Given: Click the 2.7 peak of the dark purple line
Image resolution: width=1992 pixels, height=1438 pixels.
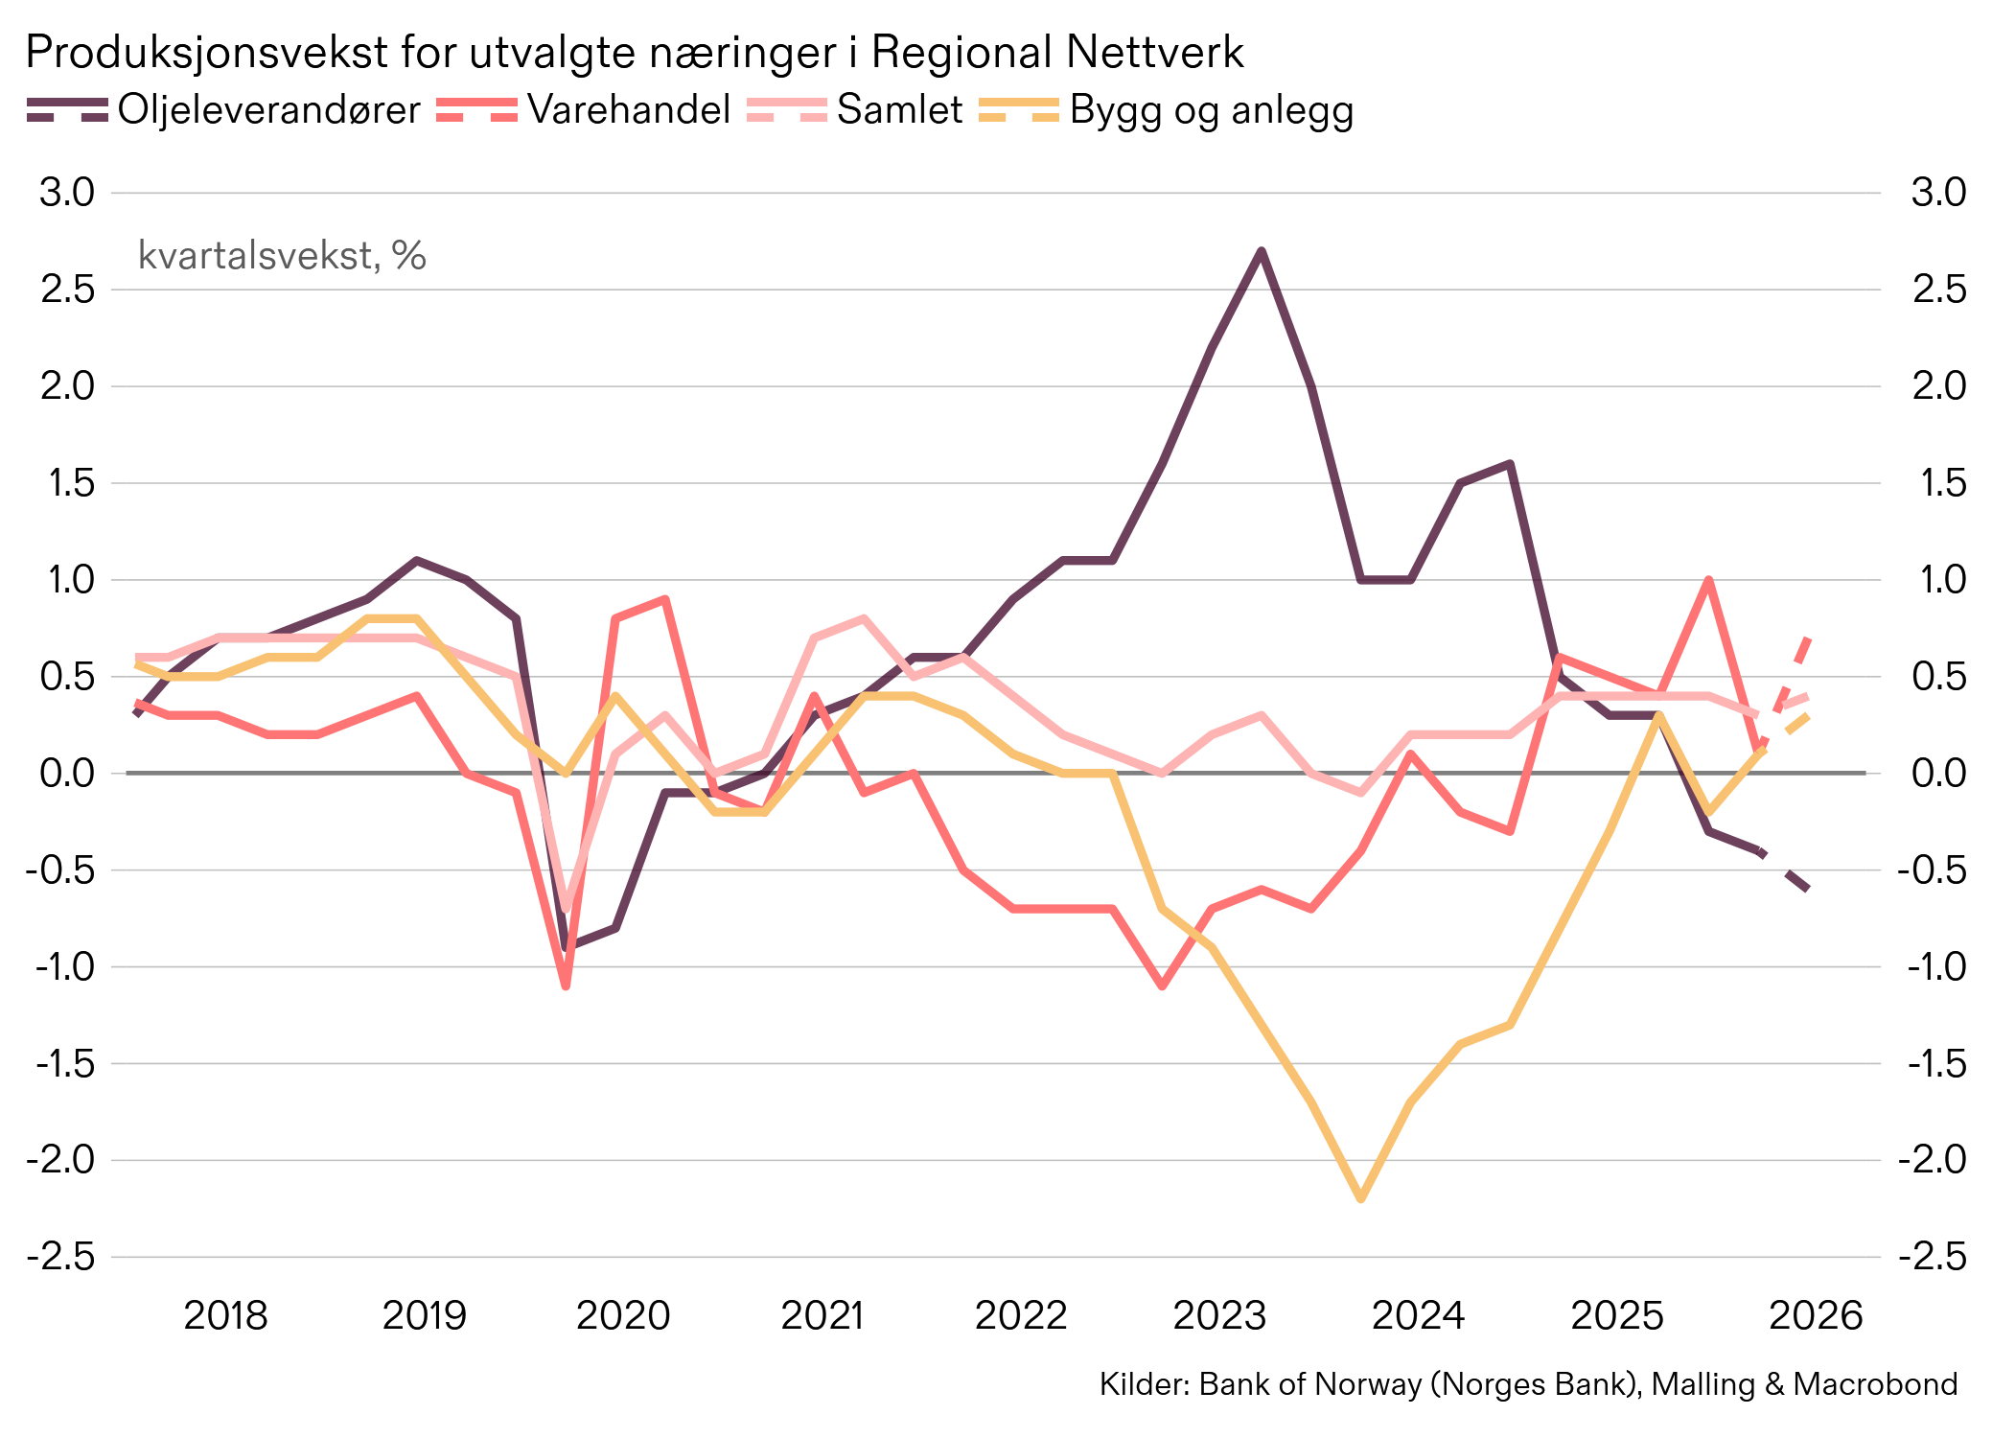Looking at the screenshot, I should click(1262, 251).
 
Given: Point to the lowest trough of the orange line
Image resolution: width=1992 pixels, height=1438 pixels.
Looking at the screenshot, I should click(1360, 1198).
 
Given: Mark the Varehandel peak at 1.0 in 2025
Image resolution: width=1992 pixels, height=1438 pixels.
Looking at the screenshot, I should click(1708, 580).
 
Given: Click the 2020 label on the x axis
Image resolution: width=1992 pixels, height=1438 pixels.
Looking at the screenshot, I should click(622, 1315).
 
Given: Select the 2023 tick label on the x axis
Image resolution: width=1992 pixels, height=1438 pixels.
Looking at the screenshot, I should click(1219, 1315).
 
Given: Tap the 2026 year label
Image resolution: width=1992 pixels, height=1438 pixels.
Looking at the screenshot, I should click(1815, 1315).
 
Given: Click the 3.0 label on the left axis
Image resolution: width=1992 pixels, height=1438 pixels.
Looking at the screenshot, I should click(67, 193).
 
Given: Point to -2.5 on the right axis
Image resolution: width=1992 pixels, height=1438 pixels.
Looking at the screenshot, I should click(1932, 1256).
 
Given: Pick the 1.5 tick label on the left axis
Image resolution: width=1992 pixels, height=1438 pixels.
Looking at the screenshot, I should click(67, 483).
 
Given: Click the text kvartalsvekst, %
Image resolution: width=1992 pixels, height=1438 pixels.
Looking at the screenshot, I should click(282, 255).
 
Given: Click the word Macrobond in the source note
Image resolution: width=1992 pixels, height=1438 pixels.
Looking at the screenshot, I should click(1875, 1384).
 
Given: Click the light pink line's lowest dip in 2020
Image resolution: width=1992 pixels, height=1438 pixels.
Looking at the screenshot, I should click(566, 907).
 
